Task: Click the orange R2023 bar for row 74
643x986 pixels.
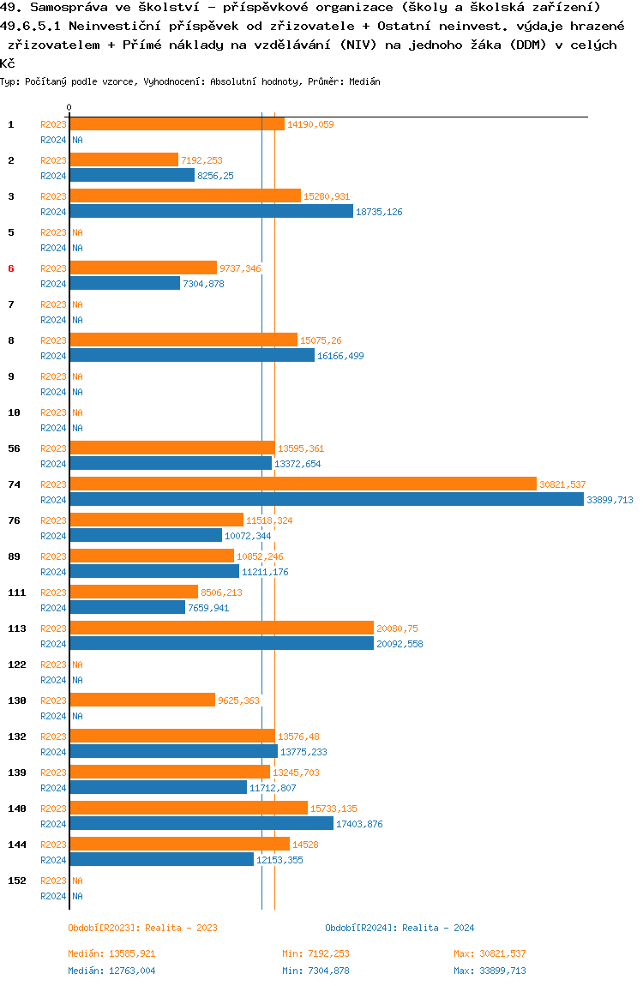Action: (303, 484)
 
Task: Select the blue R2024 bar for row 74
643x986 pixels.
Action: (326, 499)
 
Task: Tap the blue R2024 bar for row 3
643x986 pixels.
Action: (211, 211)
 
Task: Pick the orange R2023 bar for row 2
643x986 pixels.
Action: (123, 159)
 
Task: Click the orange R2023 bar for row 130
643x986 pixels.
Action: (141, 700)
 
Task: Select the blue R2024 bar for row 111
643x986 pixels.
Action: (127, 607)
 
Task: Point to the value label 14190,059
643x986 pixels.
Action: (310, 124)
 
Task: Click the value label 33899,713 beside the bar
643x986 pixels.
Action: (610, 500)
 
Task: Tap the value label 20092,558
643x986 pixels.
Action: (400, 644)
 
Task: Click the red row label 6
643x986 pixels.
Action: (11, 268)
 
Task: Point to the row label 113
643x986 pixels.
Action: (16, 628)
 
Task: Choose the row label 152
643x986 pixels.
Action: (16, 881)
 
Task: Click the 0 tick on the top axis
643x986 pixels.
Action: (69, 107)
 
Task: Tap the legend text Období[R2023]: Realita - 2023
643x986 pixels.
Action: (142, 928)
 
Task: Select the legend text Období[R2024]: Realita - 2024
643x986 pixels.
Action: (400, 928)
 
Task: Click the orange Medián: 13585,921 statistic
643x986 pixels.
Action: (111, 953)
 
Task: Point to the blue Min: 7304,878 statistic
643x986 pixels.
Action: (315, 971)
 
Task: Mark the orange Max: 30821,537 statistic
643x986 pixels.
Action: (490, 953)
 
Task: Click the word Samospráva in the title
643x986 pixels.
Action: (61, 7)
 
